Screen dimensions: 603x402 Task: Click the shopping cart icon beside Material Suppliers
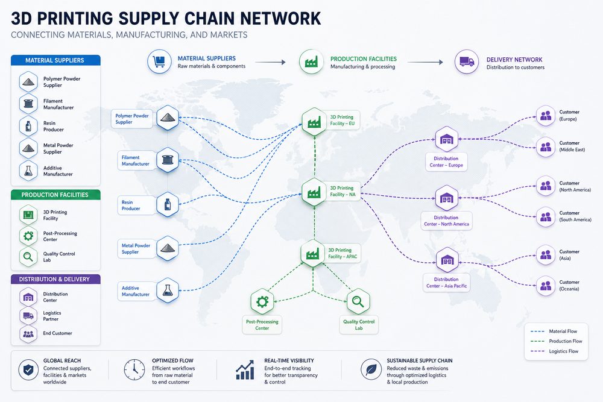[x=159, y=61]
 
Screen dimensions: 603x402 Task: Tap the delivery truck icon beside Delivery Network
[x=467, y=61]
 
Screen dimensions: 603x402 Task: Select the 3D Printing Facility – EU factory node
[x=314, y=122]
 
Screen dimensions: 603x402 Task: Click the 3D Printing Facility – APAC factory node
[x=312, y=253]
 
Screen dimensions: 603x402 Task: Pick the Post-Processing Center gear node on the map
[x=262, y=302]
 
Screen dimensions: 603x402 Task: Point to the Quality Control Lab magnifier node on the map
[x=358, y=302]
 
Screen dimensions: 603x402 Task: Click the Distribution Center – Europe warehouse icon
[x=446, y=139]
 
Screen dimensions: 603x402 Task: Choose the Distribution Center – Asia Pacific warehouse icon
[x=447, y=260]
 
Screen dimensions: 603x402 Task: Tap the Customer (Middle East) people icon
[x=546, y=147]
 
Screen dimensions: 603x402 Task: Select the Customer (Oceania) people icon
[x=546, y=286]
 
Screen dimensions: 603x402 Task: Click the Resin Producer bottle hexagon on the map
[x=168, y=204]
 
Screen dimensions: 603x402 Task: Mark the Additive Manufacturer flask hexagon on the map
[x=168, y=290]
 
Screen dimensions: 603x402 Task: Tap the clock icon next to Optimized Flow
[x=134, y=369]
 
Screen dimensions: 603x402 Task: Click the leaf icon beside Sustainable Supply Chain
[x=371, y=369]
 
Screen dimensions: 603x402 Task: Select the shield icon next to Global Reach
[x=28, y=369]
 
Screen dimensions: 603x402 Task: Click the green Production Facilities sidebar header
[x=55, y=195]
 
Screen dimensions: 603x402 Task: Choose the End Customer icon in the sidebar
[x=28, y=333]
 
